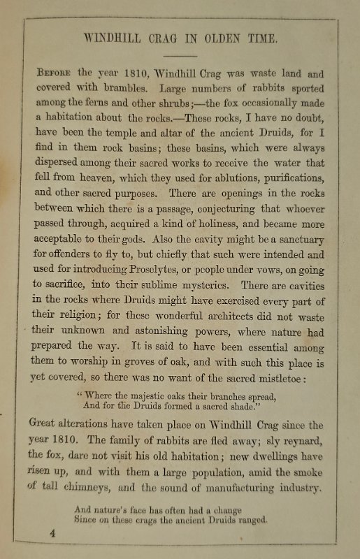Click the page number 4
point(52,534)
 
